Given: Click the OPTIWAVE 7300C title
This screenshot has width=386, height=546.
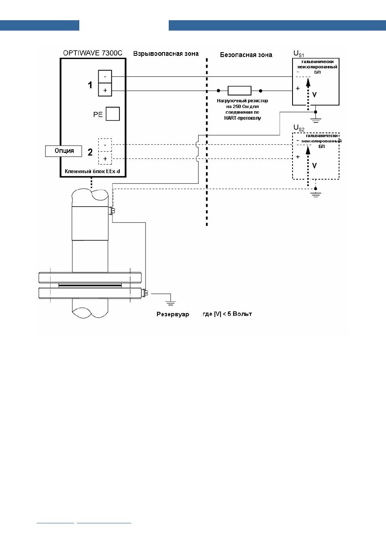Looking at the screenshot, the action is point(93,53).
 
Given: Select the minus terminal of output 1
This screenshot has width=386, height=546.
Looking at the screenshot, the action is point(105,76).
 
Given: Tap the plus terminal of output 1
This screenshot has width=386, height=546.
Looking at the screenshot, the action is point(105,90).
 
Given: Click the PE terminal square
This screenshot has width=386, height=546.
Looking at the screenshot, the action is point(113,114).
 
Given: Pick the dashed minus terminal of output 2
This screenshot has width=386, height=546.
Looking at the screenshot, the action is point(105,145).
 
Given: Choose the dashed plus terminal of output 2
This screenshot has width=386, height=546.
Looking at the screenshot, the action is point(105,158).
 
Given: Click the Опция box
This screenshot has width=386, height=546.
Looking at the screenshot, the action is point(64,151).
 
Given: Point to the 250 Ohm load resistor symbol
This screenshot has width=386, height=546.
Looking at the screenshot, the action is point(240,91).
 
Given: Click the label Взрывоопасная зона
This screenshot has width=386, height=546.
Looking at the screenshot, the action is point(166,54).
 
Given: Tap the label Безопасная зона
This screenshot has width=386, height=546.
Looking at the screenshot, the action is point(246,55).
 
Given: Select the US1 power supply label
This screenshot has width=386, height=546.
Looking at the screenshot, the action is point(299,54).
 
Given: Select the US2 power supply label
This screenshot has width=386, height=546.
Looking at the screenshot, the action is point(299,128).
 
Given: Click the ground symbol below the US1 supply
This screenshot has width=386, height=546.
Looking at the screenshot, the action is point(316,120).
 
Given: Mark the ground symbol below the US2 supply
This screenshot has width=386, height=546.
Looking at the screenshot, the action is point(316,195).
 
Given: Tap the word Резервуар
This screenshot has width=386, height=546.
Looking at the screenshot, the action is point(173,314).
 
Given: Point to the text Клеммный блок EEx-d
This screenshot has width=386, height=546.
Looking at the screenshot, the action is point(92,171).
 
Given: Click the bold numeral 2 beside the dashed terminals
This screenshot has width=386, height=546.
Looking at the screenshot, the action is point(90,152).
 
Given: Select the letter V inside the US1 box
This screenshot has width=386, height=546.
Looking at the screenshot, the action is point(314,95).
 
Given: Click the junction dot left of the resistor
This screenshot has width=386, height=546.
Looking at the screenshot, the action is point(218,91).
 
